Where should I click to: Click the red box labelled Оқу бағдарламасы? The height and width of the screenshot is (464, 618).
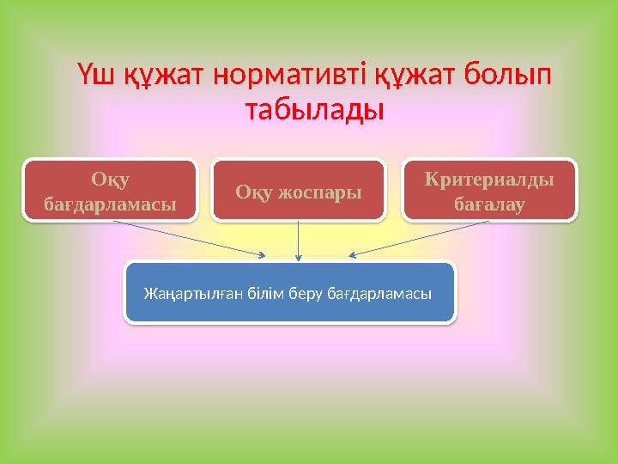pyautogui.click(x=110, y=191)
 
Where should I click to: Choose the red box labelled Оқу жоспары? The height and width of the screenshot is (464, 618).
pyautogui.click(x=298, y=191)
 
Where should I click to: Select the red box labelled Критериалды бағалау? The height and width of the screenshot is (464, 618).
pyautogui.click(x=488, y=191)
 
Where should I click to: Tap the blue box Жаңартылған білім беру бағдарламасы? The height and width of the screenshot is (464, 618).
pyautogui.click(x=290, y=293)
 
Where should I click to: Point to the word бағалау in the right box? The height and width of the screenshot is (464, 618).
pyautogui.click(x=489, y=205)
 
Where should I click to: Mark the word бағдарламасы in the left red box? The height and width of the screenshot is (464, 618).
pyautogui.click(x=110, y=205)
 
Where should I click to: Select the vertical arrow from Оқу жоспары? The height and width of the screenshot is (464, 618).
pyautogui.click(x=298, y=240)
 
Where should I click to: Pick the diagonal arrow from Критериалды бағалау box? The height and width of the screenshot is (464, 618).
pyautogui.click(x=421, y=238)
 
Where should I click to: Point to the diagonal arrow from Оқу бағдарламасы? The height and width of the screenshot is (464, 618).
pyautogui.click(x=189, y=238)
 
